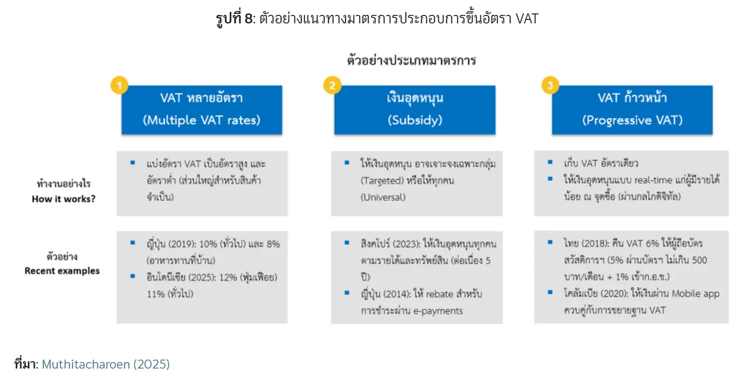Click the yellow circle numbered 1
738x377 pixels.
[x=119, y=86]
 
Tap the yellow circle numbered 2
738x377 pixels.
[x=332, y=86]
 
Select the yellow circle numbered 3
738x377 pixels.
[x=550, y=86]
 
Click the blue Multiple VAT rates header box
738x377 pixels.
[x=201, y=110]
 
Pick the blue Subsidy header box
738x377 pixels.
[x=415, y=110]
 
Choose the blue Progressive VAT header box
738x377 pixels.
[x=632, y=110]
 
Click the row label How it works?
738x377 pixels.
[x=64, y=199]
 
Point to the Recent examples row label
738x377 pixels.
[x=62, y=271]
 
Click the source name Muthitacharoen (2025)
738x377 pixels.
[x=106, y=364]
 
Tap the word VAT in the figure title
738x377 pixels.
[x=527, y=18]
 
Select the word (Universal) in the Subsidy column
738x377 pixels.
[x=383, y=197]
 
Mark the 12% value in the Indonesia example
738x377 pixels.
[x=228, y=278]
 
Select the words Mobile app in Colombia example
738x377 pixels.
[x=696, y=293]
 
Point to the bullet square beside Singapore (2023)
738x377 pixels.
[x=347, y=243]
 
